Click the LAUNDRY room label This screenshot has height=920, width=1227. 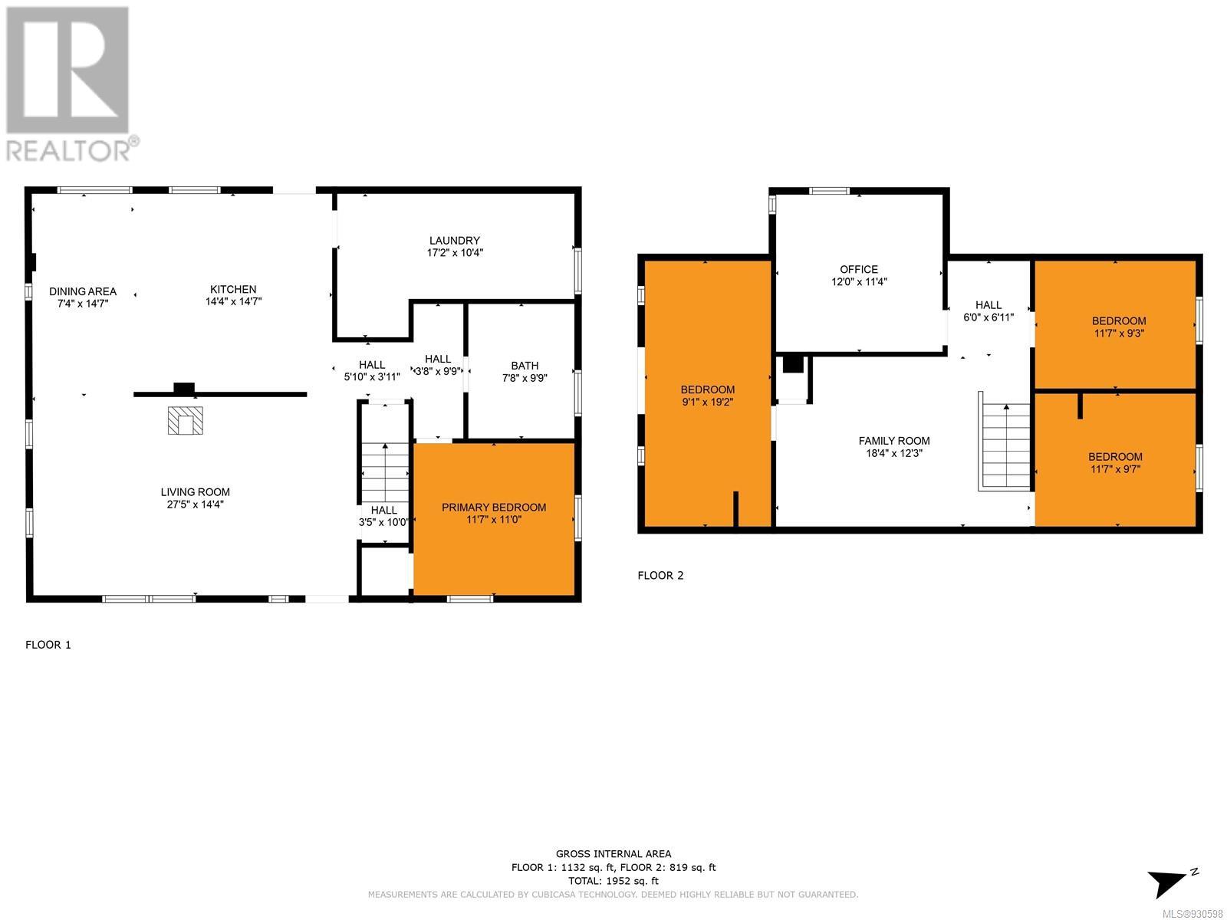click(454, 241)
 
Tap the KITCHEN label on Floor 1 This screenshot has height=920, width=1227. click(233, 289)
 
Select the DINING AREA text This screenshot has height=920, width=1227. click(83, 291)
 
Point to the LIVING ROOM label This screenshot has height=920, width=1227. click(195, 492)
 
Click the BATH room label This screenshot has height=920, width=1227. click(525, 366)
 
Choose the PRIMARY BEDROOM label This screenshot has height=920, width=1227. click(494, 508)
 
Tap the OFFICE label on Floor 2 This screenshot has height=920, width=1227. click(859, 269)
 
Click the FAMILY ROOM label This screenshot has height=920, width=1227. click(894, 441)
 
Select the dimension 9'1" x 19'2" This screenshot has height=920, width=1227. click(707, 402)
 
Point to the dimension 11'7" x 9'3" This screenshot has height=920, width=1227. click(1119, 333)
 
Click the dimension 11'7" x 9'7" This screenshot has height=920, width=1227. click(1114, 468)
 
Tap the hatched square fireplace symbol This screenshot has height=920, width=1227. click(185, 421)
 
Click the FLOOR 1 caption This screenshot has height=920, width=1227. click(48, 645)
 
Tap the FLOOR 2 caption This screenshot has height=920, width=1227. click(660, 575)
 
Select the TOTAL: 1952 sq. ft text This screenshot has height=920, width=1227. click(613, 881)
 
